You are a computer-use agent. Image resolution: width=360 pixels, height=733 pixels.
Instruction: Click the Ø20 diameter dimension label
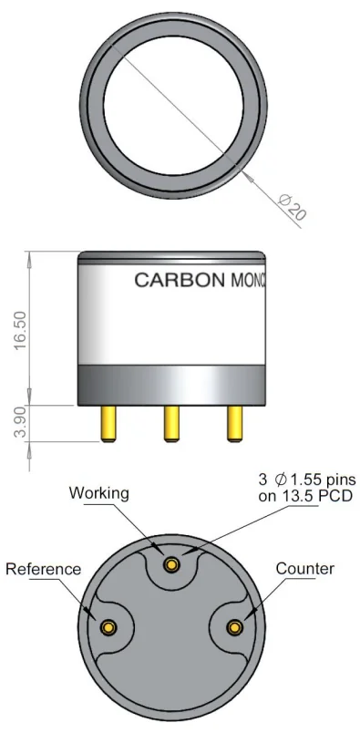pos(292,206)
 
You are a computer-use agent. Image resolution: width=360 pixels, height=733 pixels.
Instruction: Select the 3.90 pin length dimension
pos(20,422)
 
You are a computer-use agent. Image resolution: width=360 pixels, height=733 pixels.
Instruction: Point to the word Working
pos(98,492)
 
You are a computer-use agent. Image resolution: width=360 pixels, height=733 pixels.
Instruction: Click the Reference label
pos(43,569)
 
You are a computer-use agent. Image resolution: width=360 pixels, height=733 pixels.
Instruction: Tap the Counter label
pos(304,569)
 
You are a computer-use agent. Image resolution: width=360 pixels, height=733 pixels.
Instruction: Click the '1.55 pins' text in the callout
pos(323,480)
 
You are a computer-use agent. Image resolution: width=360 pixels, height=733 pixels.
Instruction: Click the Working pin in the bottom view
pos(171,564)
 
